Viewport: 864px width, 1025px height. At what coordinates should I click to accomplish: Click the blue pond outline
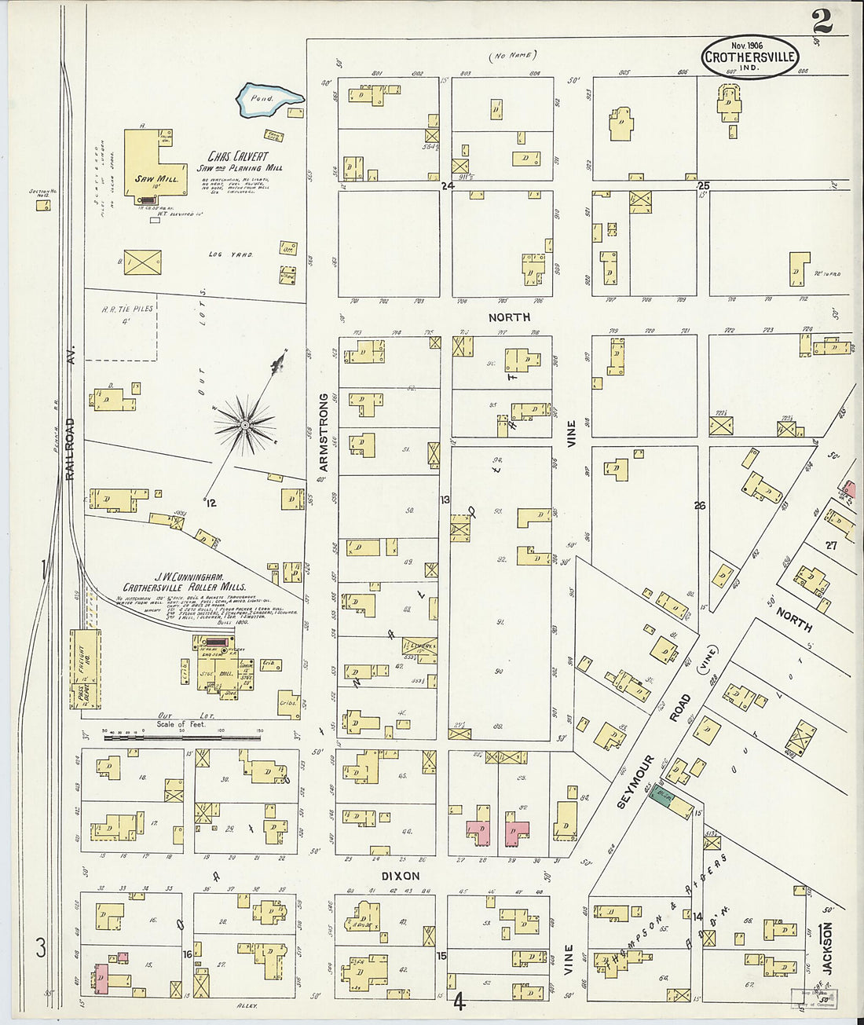[269, 100]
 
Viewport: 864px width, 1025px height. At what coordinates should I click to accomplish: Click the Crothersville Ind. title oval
[749, 57]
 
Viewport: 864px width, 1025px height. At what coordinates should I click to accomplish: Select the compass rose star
[245, 425]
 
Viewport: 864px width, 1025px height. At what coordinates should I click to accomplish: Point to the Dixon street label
[400, 876]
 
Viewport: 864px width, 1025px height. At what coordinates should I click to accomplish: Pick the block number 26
[699, 505]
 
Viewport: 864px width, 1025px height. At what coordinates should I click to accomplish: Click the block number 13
[445, 500]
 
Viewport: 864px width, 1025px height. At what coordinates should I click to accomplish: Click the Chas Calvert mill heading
[239, 156]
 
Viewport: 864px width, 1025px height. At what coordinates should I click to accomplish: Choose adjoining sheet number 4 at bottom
[459, 1002]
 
